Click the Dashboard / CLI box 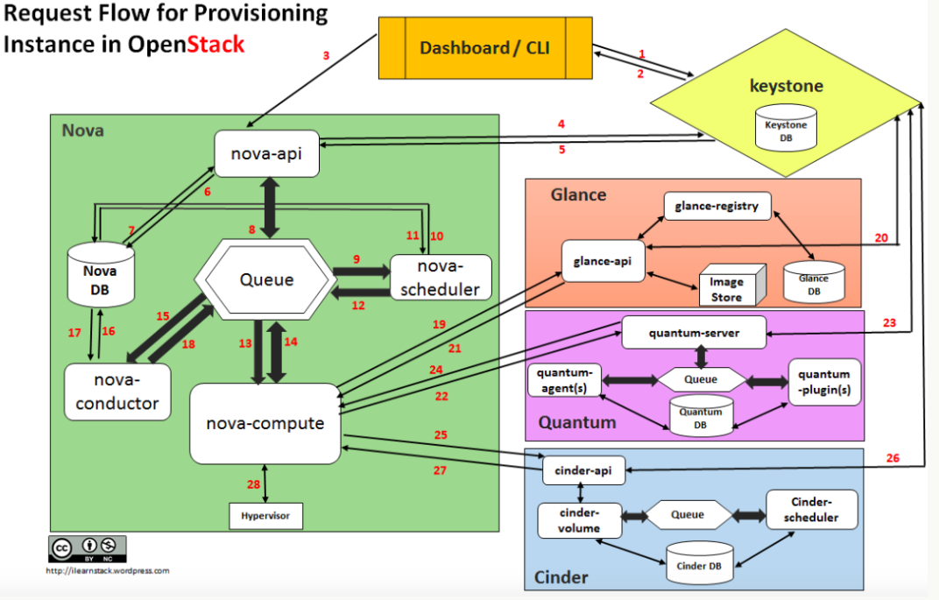pos(484,47)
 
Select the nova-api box pos(266,155)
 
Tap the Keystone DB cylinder pos(786,131)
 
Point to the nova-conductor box pos(117,392)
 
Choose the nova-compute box pos(265,424)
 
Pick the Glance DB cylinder pos(814,279)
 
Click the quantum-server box pos(694,333)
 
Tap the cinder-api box pos(583,470)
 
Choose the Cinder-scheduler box pos(811,510)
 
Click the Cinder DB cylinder pos(698,562)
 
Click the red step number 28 pos(253,484)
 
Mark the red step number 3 pos(326,56)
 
